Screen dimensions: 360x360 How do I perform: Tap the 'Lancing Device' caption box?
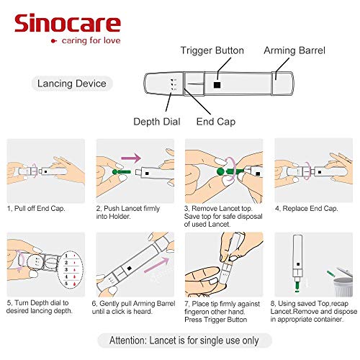[72, 84]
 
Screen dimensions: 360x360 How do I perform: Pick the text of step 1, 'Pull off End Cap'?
[37, 208]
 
